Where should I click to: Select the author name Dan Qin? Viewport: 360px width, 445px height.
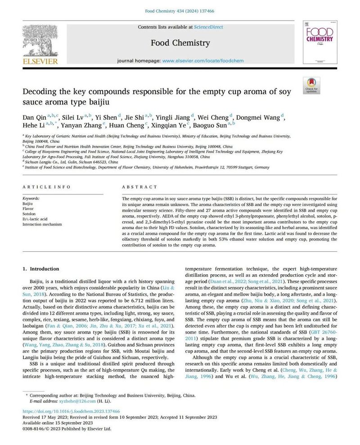pos(35,118)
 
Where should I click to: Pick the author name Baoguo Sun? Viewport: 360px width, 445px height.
pos(212,125)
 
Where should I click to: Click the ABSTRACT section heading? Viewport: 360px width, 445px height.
pos(140,187)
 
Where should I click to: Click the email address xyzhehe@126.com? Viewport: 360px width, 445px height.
pos(78,401)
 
